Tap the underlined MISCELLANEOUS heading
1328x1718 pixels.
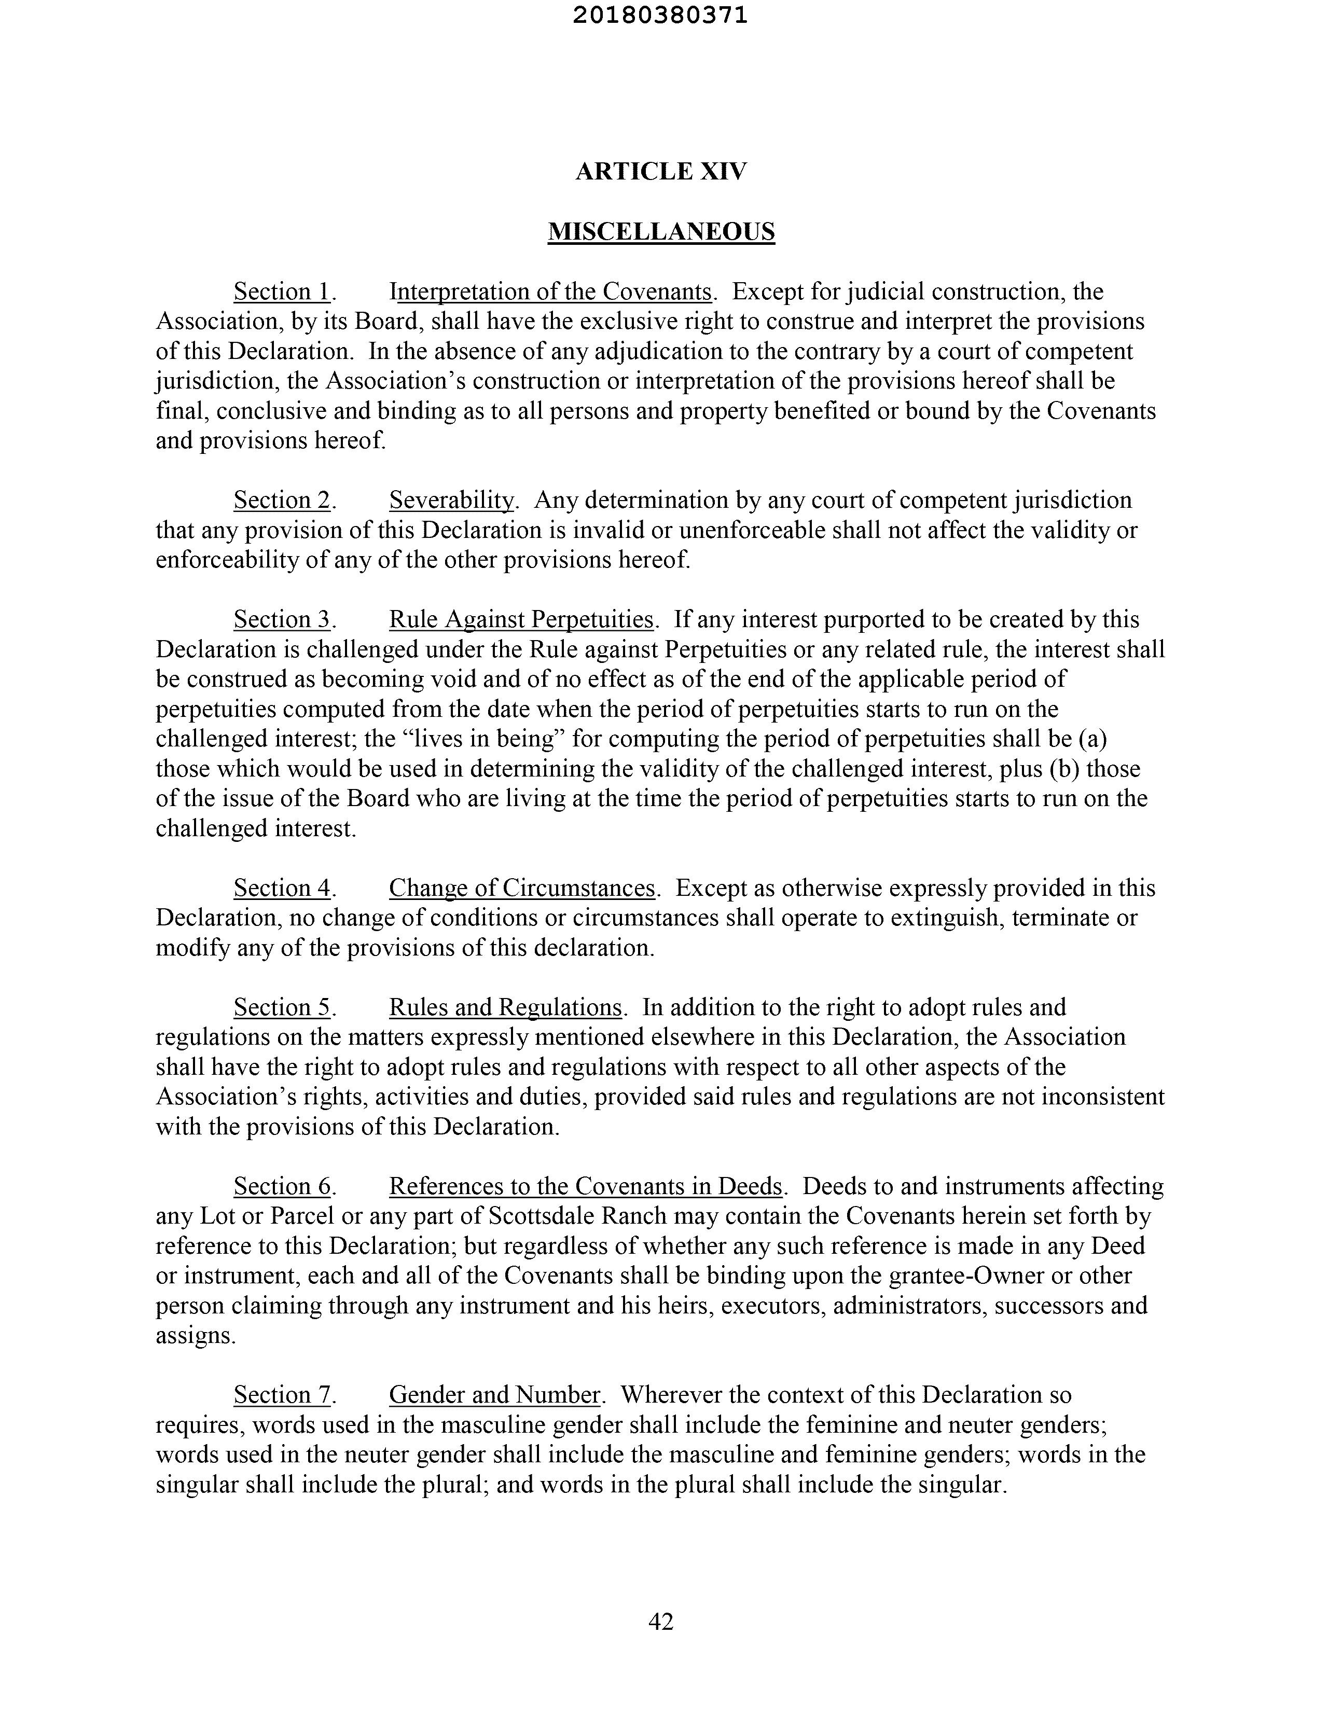pyautogui.click(x=661, y=231)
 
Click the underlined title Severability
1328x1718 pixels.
pyautogui.click(x=452, y=500)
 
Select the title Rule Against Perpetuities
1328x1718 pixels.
pyautogui.click(x=521, y=620)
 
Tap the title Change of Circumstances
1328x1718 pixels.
pyautogui.click(x=521, y=888)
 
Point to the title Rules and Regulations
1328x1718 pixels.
pyautogui.click(x=506, y=1008)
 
